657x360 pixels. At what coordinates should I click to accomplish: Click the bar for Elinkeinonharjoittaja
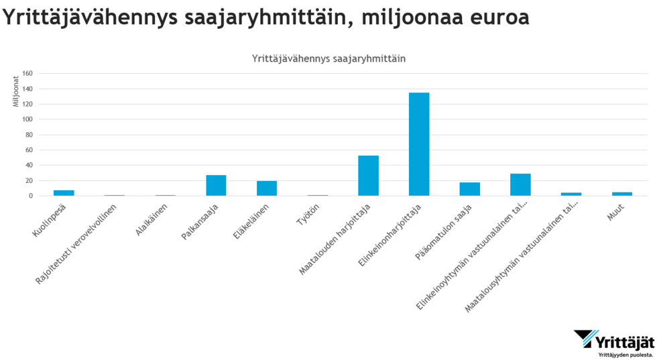point(419,144)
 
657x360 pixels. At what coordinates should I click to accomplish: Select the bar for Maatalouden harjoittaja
point(368,176)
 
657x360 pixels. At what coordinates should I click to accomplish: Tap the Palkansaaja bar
point(216,185)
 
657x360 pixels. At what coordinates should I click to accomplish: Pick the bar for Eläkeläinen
point(267,188)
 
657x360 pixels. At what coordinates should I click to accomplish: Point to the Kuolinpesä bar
point(64,193)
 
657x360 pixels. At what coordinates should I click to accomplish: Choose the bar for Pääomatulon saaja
point(470,189)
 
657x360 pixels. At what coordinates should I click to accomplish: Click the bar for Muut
point(622,194)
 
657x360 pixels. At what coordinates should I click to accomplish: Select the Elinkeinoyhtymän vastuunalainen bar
point(520,184)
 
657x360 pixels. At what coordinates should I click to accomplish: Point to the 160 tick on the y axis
point(27,73)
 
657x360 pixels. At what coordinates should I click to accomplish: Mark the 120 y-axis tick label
point(27,104)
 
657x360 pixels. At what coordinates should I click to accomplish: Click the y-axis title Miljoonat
point(15,91)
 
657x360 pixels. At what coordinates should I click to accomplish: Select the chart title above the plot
point(328,58)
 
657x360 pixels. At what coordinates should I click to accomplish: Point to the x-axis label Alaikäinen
point(156,217)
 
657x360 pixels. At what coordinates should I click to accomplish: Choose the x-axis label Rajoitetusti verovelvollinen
point(81,238)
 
